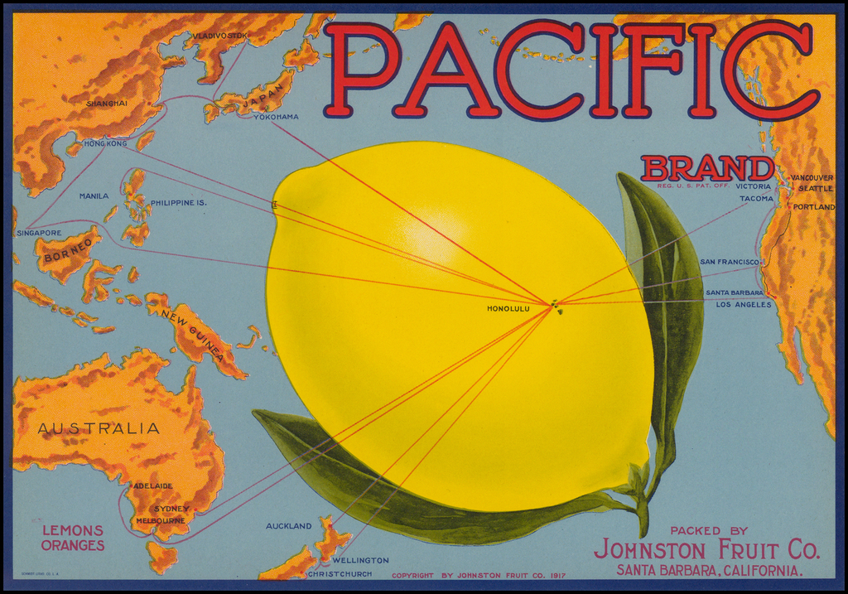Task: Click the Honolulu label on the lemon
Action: [x=508, y=309]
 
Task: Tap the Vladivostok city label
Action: [x=219, y=36]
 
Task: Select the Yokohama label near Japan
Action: [x=276, y=117]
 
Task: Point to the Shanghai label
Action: [x=107, y=104]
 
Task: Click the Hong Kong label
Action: [x=105, y=143]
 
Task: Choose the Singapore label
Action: [x=39, y=233]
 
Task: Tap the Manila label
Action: [x=94, y=196]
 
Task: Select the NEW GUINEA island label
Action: [x=193, y=333]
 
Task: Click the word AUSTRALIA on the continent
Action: [x=99, y=428]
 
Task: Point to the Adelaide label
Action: [x=152, y=485]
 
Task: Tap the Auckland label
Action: [x=288, y=526]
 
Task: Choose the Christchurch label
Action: [x=340, y=573]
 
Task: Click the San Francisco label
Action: [x=729, y=262]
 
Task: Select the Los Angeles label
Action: [x=743, y=305]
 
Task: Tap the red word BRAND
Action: [x=706, y=169]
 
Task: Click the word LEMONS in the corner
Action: [x=73, y=530]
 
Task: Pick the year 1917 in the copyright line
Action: [x=557, y=575]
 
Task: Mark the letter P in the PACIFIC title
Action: [x=359, y=70]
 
